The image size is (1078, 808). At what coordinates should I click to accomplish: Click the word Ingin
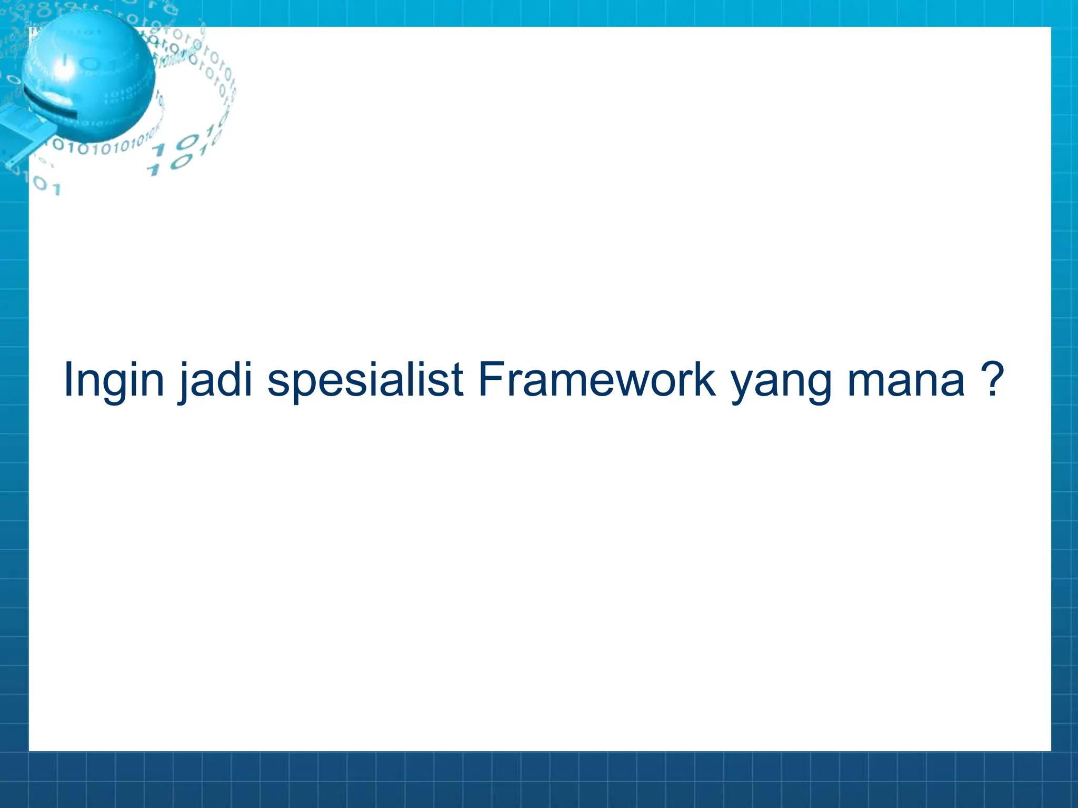(x=114, y=380)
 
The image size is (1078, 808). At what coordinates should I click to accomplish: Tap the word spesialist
(x=365, y=380)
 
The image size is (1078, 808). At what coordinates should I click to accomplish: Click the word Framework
(x=596, y=380)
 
